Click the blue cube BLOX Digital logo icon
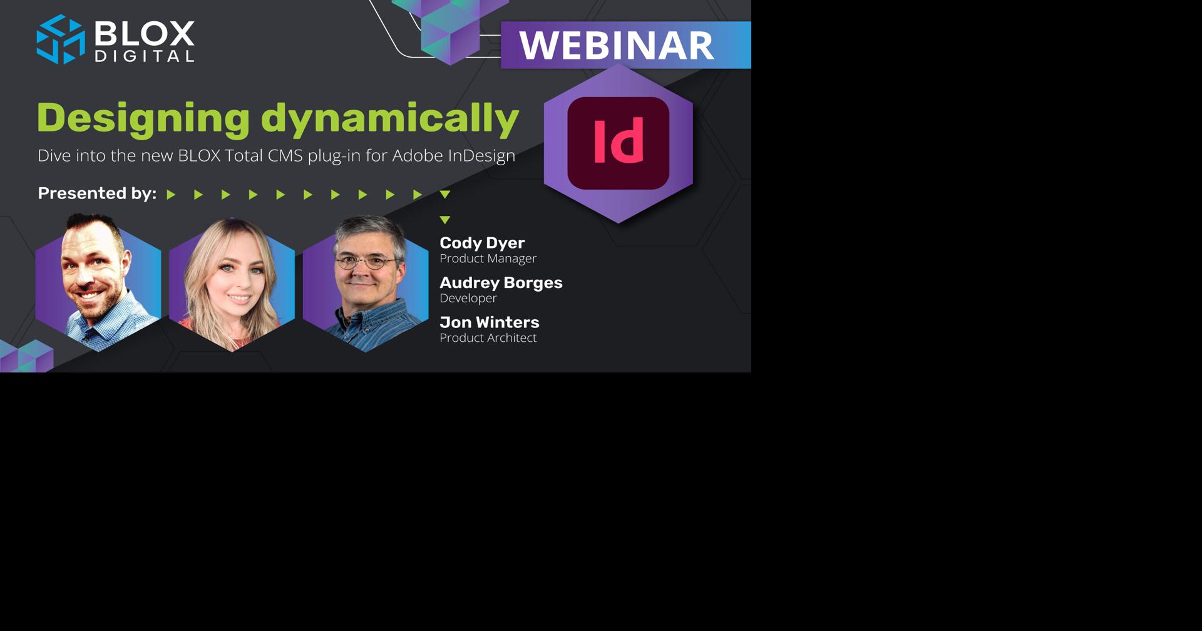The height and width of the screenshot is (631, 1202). (x=60, y=39)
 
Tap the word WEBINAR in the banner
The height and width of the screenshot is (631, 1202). (x=616, y=45)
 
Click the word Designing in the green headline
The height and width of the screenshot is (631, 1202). (x=143, y=118)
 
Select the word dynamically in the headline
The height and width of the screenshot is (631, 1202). (x=389, y=118)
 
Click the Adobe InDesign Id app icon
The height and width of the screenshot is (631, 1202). (x=618, y=143)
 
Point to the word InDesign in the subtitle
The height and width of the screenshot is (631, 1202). (x=481, y=155)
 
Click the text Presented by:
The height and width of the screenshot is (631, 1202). (x=97, y=193)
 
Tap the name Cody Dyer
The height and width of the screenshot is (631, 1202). (x=482, y=243)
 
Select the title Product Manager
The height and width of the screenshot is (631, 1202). (x=488, y=259)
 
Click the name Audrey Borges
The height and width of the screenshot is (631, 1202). (x=501, y=282)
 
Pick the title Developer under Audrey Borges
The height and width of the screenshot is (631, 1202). (x=468, y=298)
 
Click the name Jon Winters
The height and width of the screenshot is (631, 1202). (x=489, y=322)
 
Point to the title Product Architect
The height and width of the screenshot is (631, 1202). (x=488, y=338)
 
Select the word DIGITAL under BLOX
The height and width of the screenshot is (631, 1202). (x=144, y=56)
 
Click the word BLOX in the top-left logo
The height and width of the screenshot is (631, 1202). (x=144, y=33)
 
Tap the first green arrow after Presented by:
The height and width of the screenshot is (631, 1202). (x=171, y=195)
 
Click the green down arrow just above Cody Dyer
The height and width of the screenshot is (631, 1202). (x=445, y=220)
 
